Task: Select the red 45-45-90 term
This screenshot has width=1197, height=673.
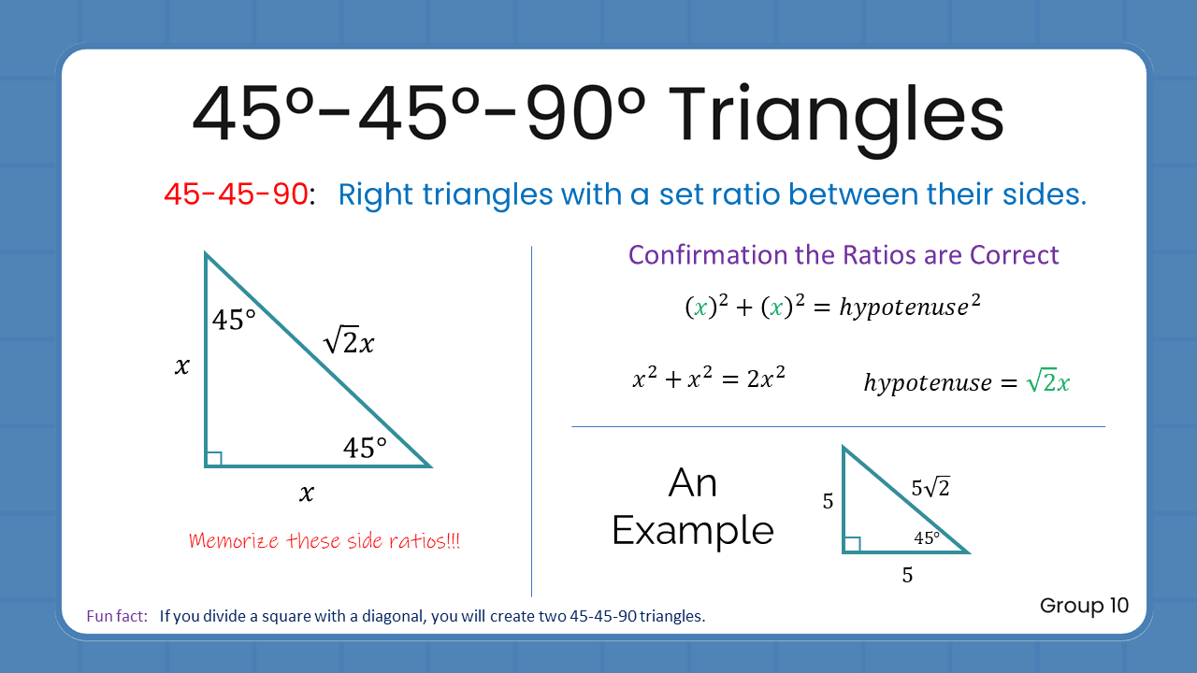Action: (236, 194)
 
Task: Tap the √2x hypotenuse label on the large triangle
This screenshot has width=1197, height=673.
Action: (349, 343)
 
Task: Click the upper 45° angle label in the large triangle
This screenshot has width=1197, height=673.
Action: (234, 321)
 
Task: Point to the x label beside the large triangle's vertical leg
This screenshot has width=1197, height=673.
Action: (181, 365)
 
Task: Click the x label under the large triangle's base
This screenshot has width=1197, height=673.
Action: (307, 493)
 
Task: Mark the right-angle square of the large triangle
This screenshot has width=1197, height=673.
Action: (214, 458)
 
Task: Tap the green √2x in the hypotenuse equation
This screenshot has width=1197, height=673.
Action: (1047, 381)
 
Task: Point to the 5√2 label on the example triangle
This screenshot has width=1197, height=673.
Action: (930, 487)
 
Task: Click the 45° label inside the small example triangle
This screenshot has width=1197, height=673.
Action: (927, 538)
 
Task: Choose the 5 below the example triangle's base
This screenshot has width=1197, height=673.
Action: (907, 575)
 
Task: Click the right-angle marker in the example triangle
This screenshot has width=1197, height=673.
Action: (852, 544)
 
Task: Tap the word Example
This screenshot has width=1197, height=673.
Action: (693, 531)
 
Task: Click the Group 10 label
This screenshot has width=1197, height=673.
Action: (1084, 606)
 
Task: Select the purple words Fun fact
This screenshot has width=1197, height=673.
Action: (117, 616)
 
